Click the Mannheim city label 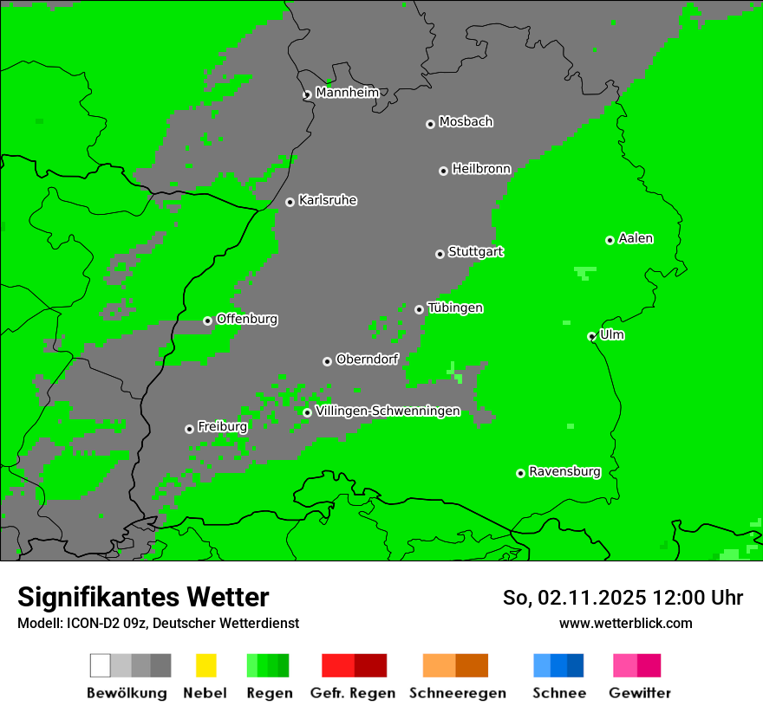coord(347,93)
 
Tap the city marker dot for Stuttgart coord(440,254)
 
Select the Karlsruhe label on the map coord(327,200)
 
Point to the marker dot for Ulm coord(591,337)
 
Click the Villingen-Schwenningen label coord(387,411)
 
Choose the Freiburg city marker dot coord(189,429)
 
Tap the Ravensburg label coord(564,471)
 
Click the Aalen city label coord(636,238)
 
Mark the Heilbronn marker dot coord(443,171)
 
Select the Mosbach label coord(466,122)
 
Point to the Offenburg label coord(246,319)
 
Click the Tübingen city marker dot coord(419,309)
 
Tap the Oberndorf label coord(367,359)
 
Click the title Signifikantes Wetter coord(143,597)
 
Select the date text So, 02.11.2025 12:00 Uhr coord(623,598)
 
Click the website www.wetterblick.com coord(625,623)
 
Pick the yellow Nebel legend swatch coord(205,665)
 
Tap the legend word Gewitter coord(639,693)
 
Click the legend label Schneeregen coord(457,693)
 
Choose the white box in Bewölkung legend coord(100,665)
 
